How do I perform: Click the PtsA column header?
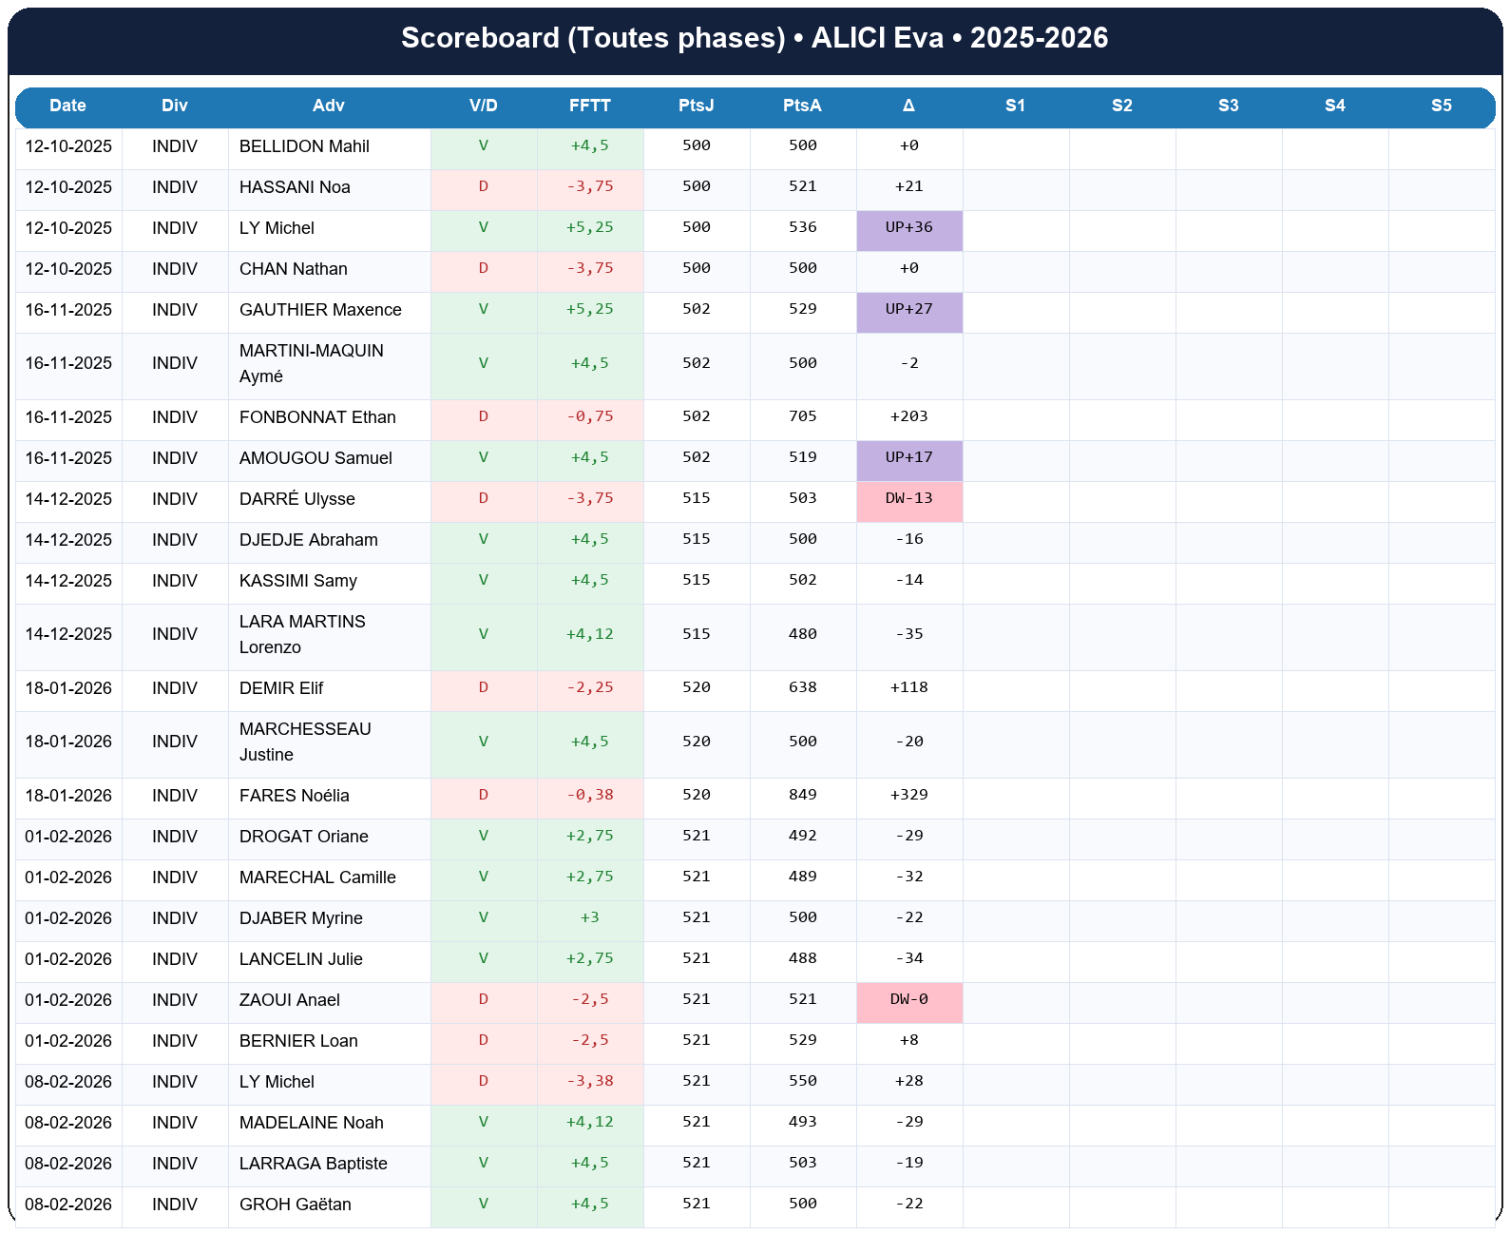click(802, 106)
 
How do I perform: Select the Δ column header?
click(908, 106)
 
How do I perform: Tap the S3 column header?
click(1228, 106)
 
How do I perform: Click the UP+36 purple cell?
click(908, 228)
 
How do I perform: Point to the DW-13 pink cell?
click(908, 499)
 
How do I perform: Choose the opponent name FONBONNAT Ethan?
click(317, 417)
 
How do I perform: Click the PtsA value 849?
click(802, 795)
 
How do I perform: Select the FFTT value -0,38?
click(590, 795)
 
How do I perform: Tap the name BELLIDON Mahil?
click(304, 146)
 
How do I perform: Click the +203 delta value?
click(908, 416)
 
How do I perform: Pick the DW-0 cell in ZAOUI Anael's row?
click(908, 1000)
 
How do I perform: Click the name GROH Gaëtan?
click(295, 1205)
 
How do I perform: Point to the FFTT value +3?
click(590, 917)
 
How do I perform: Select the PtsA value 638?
click(802, 687)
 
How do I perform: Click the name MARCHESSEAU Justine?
click(304, 742)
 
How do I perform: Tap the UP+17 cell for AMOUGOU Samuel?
click(908, 458)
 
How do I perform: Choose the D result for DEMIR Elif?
click(483, 687)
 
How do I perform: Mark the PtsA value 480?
click(802, 634)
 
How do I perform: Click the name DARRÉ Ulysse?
click(296, 499)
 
